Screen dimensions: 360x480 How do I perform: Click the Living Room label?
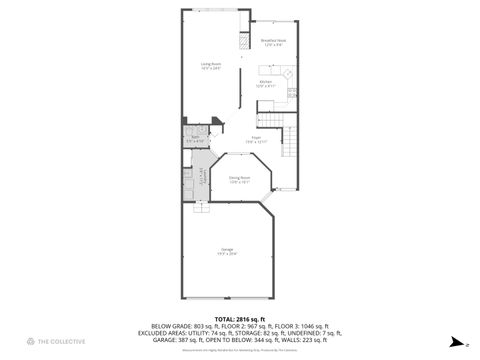pos(209,66)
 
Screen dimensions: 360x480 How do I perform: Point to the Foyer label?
pos(256,139)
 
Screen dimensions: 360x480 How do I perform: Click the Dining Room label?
pos(239,179)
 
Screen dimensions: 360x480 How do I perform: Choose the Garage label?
pos(227,251)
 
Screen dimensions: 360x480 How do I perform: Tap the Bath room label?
pos(193,138)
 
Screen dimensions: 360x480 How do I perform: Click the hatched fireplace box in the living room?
pos(241,42)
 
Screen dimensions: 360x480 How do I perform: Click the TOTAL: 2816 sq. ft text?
pos(239,318)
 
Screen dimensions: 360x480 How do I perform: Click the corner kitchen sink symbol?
pos(288,73)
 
